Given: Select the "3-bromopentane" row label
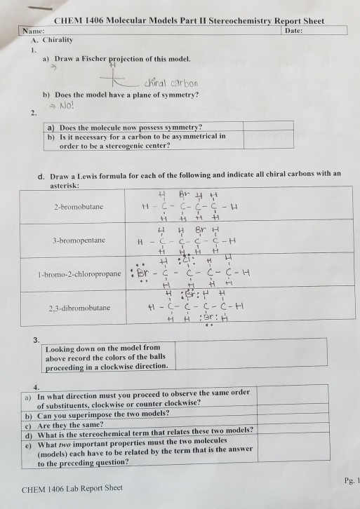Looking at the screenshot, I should (x=77, y=239).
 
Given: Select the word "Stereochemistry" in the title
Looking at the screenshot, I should (x=237, y=22).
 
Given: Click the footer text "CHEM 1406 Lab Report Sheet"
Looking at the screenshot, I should (x=72, y=488).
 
